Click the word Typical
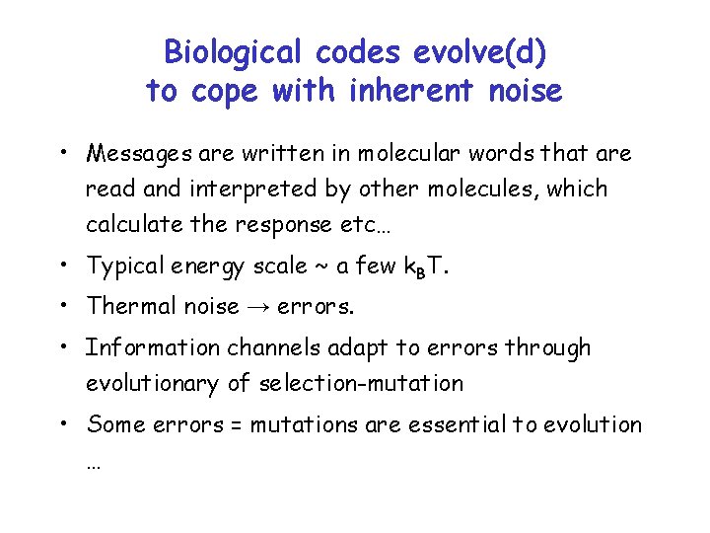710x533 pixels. coord(123,266)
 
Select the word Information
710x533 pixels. coord(153,347)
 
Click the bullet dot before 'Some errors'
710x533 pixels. coord(61,424)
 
